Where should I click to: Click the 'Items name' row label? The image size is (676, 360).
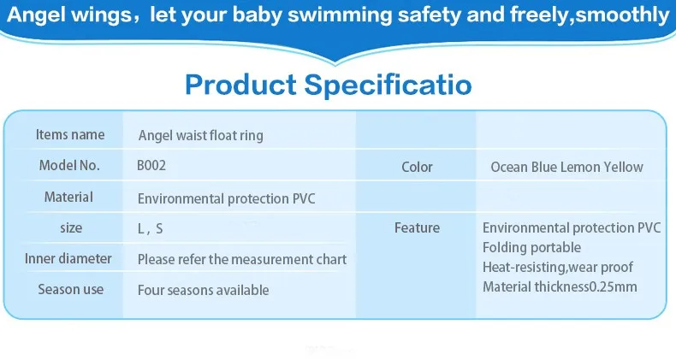[x=70, y=134]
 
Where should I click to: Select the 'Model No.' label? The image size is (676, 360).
[x=69, y=165]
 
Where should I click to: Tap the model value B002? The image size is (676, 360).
[x=151, y=166]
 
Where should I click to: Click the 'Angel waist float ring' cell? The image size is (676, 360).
[x=200, y=136]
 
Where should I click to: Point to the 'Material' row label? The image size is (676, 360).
[x=68, y=198]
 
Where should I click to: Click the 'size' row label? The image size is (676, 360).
[x=71, y=227]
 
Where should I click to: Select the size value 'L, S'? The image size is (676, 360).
[x=150, y=228]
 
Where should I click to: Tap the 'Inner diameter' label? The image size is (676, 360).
[x=68, y=259]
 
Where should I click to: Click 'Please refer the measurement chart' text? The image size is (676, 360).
[x=242, y=259]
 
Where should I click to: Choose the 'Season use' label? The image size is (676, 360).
[x=71, y=289]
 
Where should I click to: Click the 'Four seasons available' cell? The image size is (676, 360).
[x=203, y=290]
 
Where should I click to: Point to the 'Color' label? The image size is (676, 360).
[x=417, y=167]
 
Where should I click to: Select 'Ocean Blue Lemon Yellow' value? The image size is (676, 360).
[x=567, y=167]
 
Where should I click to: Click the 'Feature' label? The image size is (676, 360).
[x=417, y=227]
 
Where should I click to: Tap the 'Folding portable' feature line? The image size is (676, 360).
[x=531, y=248]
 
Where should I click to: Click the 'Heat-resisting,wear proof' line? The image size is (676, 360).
[x=557, y=268]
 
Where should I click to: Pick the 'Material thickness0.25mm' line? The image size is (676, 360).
[x=560, y=286]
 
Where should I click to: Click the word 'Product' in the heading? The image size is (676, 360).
[x=240, y=85]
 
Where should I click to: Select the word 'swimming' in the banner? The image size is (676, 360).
[x=340, y=15]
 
